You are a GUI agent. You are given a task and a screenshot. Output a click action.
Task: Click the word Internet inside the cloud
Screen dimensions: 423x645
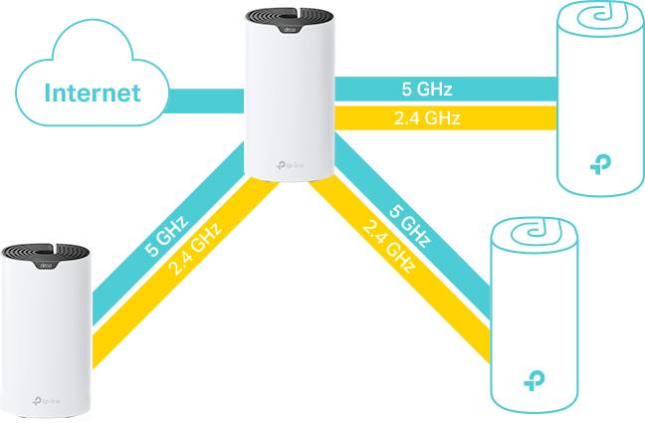coord(91,95)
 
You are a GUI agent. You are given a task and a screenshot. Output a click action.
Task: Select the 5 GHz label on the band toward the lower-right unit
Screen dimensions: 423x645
coord(409,227)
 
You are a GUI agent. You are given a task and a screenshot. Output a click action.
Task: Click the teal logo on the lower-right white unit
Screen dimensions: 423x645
coord(535,379)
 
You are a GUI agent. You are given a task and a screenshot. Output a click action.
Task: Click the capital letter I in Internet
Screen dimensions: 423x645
coord(49,95)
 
